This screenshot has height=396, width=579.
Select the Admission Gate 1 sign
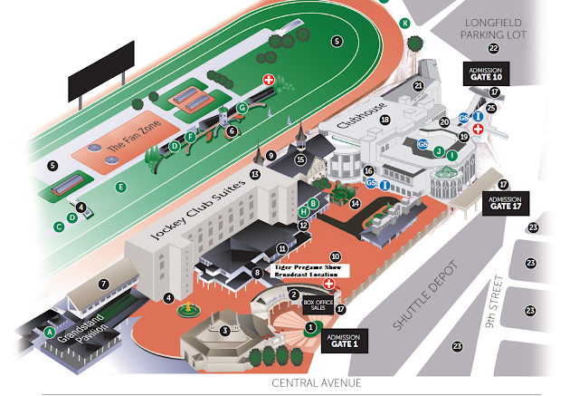(345, 338)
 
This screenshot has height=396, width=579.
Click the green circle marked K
(405, 23)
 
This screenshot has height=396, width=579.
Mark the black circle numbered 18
(384, 120)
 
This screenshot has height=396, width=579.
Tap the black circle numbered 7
(104, 285)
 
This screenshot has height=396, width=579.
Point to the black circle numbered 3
(224, 330)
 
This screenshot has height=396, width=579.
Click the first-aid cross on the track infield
(268, 81)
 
